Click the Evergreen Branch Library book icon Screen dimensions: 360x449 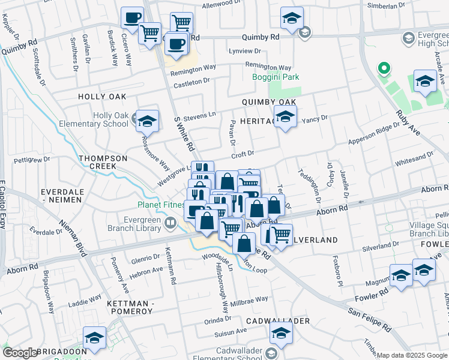(x=171, y=224)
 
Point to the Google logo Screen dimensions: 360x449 (x=20, y=353)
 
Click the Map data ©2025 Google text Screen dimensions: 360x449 (x=412, y=355)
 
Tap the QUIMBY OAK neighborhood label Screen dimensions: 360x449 (x=269, y=103)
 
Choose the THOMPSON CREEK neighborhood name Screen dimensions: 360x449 (x=103, y=163)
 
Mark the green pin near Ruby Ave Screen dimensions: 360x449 (x=383, y=68)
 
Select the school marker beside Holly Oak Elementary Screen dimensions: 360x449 (x=146, y=121)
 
